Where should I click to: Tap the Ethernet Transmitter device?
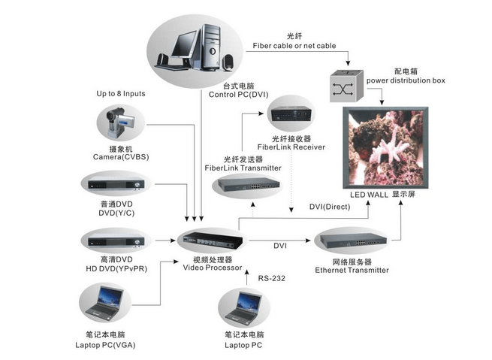click(x=351, y=242)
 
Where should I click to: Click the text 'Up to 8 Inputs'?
click(x=120, y=94)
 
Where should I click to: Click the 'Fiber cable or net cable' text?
click(x=294, y=46)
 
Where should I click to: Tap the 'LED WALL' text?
click(x=370, y=194)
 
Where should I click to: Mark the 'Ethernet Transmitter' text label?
click(x=352, y=270)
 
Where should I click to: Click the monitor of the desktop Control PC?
click(x=182, y=43)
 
